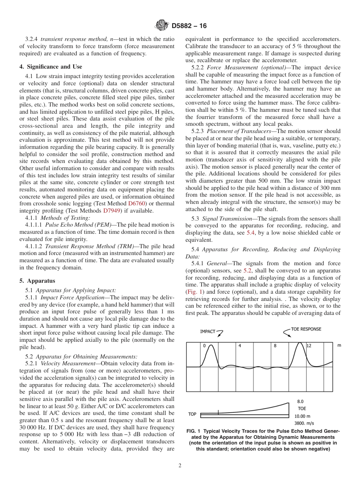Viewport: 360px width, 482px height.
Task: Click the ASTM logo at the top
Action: (162, 26)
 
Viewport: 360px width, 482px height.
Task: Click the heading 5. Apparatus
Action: (37, 281)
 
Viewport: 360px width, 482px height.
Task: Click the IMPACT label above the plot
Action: (207, 332)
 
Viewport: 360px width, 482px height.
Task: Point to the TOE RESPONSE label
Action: (306, 329)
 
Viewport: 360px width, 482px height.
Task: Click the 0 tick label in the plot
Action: (204, 346)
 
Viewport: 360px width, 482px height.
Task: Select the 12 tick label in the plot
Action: (309, 346)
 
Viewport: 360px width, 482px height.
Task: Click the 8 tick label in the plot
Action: (275, 346)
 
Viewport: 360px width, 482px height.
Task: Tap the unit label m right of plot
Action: (339, 346)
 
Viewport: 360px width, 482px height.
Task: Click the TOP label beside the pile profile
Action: (193, 414)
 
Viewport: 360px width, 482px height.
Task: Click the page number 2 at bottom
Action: (180, 466)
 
